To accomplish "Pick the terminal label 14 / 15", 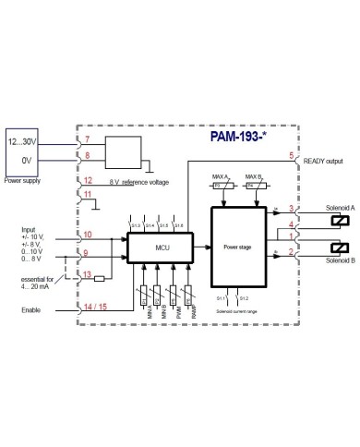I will [x=94, y=304].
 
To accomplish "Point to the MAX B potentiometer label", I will [x=253, y=176].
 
